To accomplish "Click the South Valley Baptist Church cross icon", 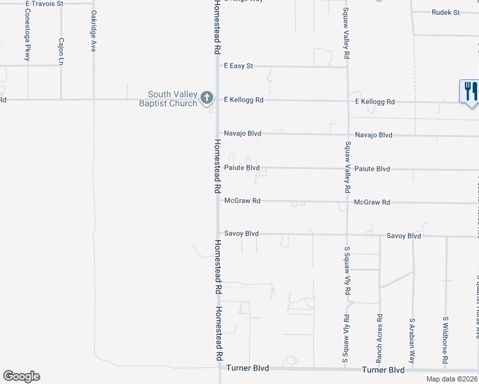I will point(206,98).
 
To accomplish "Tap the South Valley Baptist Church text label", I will point(168,99).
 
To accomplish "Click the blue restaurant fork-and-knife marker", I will point(469,90).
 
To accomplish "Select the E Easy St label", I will point(238,66).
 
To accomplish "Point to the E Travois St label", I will point(44,3).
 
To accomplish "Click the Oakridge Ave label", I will point(93,31).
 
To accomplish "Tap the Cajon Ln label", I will point(61,51).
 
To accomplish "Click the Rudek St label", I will point(446,12).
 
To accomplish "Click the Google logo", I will point(21,376).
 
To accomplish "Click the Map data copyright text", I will point(452,379).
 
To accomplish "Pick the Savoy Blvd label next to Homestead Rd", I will point(241,234).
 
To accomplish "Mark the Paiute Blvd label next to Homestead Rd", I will point(241,168).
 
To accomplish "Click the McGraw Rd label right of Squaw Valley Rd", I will point(371,202).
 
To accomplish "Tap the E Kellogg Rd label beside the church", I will point(243,100).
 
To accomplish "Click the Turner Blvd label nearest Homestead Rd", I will point(247,369).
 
